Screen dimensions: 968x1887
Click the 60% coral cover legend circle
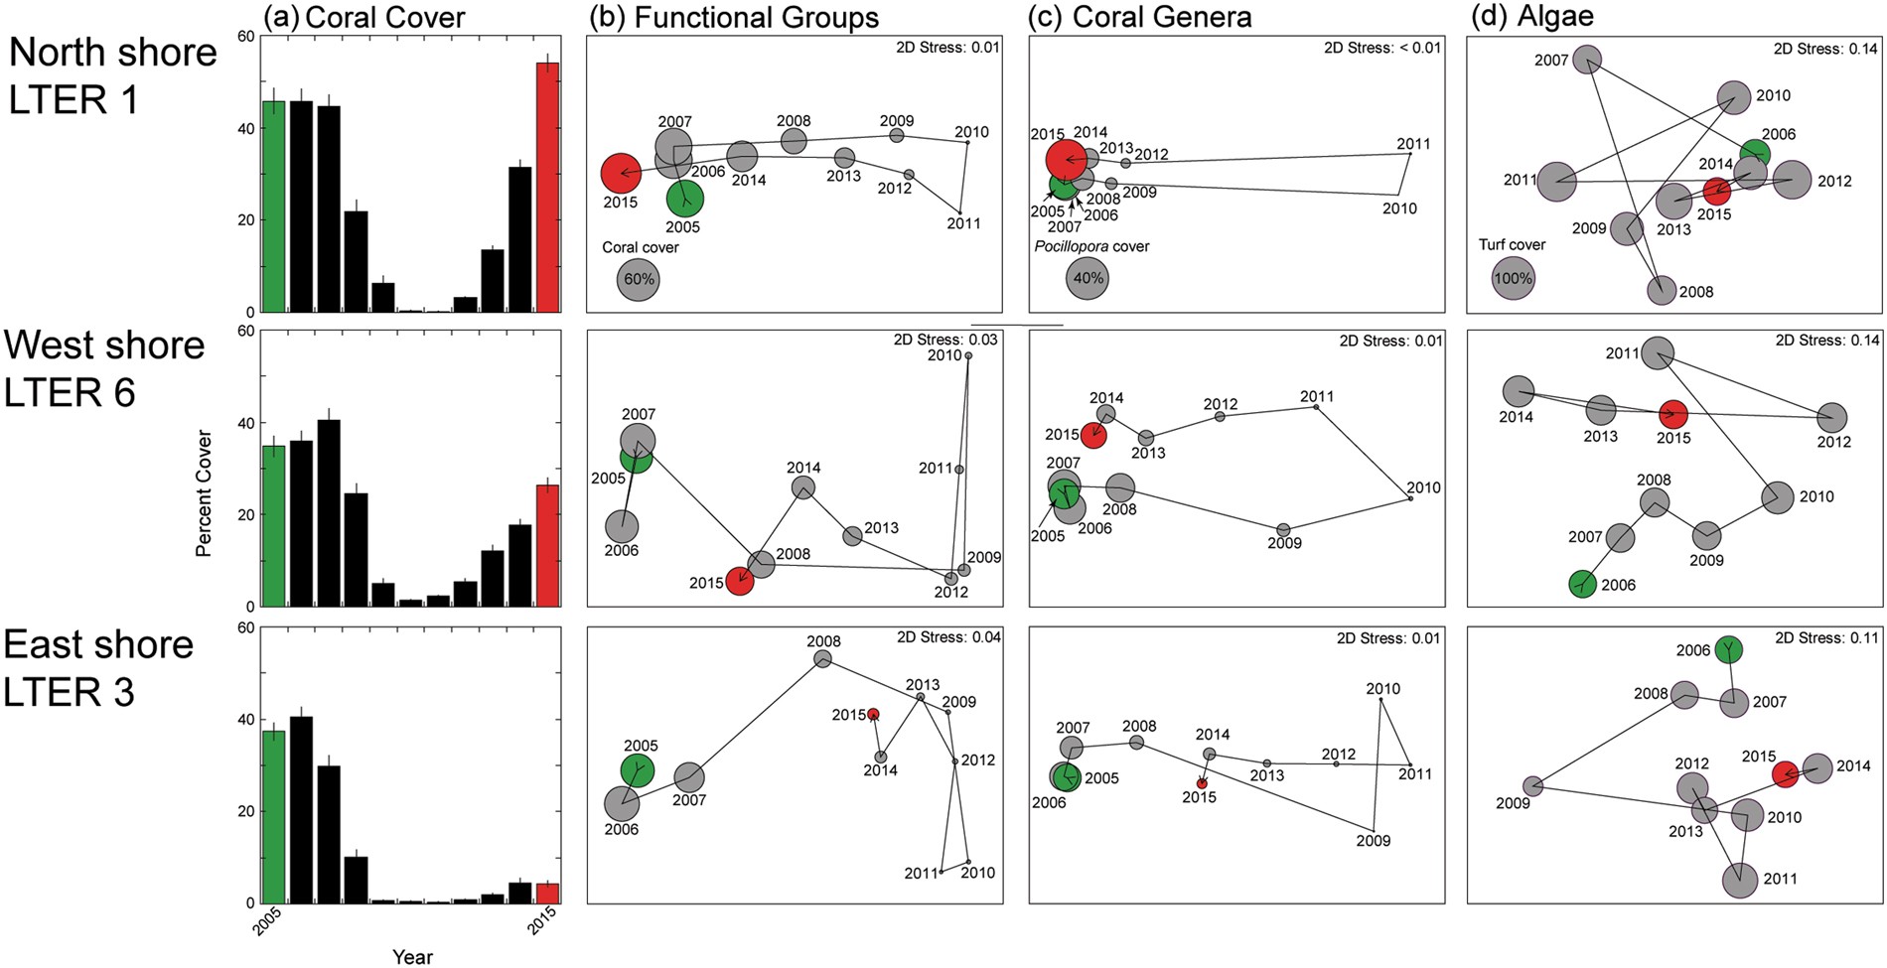[638, 279]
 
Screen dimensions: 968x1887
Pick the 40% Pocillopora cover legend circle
[1089, 279]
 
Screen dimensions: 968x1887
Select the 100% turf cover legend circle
[1513, 279]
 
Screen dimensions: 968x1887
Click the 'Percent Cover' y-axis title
[204, 492]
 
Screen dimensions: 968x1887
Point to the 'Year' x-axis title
[411, 957]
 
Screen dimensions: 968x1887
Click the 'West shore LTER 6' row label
[104, 368]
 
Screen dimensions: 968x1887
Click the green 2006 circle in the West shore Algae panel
[1582, 584]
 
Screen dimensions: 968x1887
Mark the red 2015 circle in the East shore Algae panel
[1785, 774]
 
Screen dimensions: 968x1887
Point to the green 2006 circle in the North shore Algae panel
[1755, 153]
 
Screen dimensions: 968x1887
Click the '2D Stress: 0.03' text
[945, 340]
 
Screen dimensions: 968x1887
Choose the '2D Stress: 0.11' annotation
[1826, 637]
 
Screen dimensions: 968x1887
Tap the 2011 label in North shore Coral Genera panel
[1413, 144]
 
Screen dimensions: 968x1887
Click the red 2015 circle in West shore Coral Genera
[1093, 435]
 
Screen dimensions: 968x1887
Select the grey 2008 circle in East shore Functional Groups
[822, 658]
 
